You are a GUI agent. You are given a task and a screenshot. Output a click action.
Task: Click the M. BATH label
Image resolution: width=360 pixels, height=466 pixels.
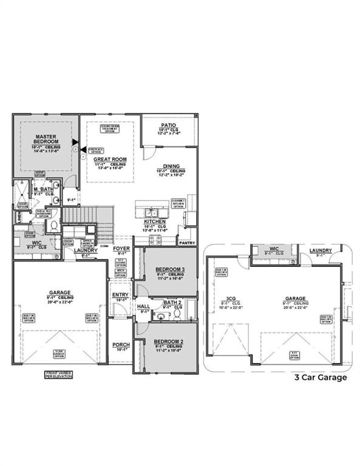click(43, 190)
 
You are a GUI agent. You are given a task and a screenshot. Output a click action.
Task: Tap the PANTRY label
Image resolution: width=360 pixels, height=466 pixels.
click(186, 242)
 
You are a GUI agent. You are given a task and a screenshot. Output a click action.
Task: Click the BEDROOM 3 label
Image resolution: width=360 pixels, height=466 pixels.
click(170, 269)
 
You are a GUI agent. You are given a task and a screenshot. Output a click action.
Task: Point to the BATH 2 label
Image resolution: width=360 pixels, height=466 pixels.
click(172, 302)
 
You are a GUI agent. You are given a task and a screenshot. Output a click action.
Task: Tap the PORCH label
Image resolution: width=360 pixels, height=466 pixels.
click(121, 345)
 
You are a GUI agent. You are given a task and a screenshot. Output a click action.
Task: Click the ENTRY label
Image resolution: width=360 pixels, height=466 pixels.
click(120, 295)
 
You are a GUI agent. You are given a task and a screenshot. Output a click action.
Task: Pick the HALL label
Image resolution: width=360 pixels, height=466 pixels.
click(144, 307)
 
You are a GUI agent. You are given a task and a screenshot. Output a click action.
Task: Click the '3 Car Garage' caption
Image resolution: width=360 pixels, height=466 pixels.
click(321, 377)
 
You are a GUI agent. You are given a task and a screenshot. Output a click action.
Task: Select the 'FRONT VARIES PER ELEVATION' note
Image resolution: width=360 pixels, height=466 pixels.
click(59, 374)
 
